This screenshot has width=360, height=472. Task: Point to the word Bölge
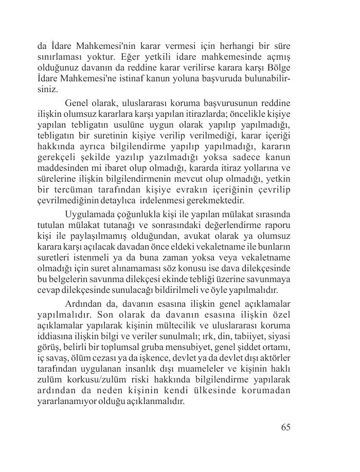(x=278, y=67)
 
